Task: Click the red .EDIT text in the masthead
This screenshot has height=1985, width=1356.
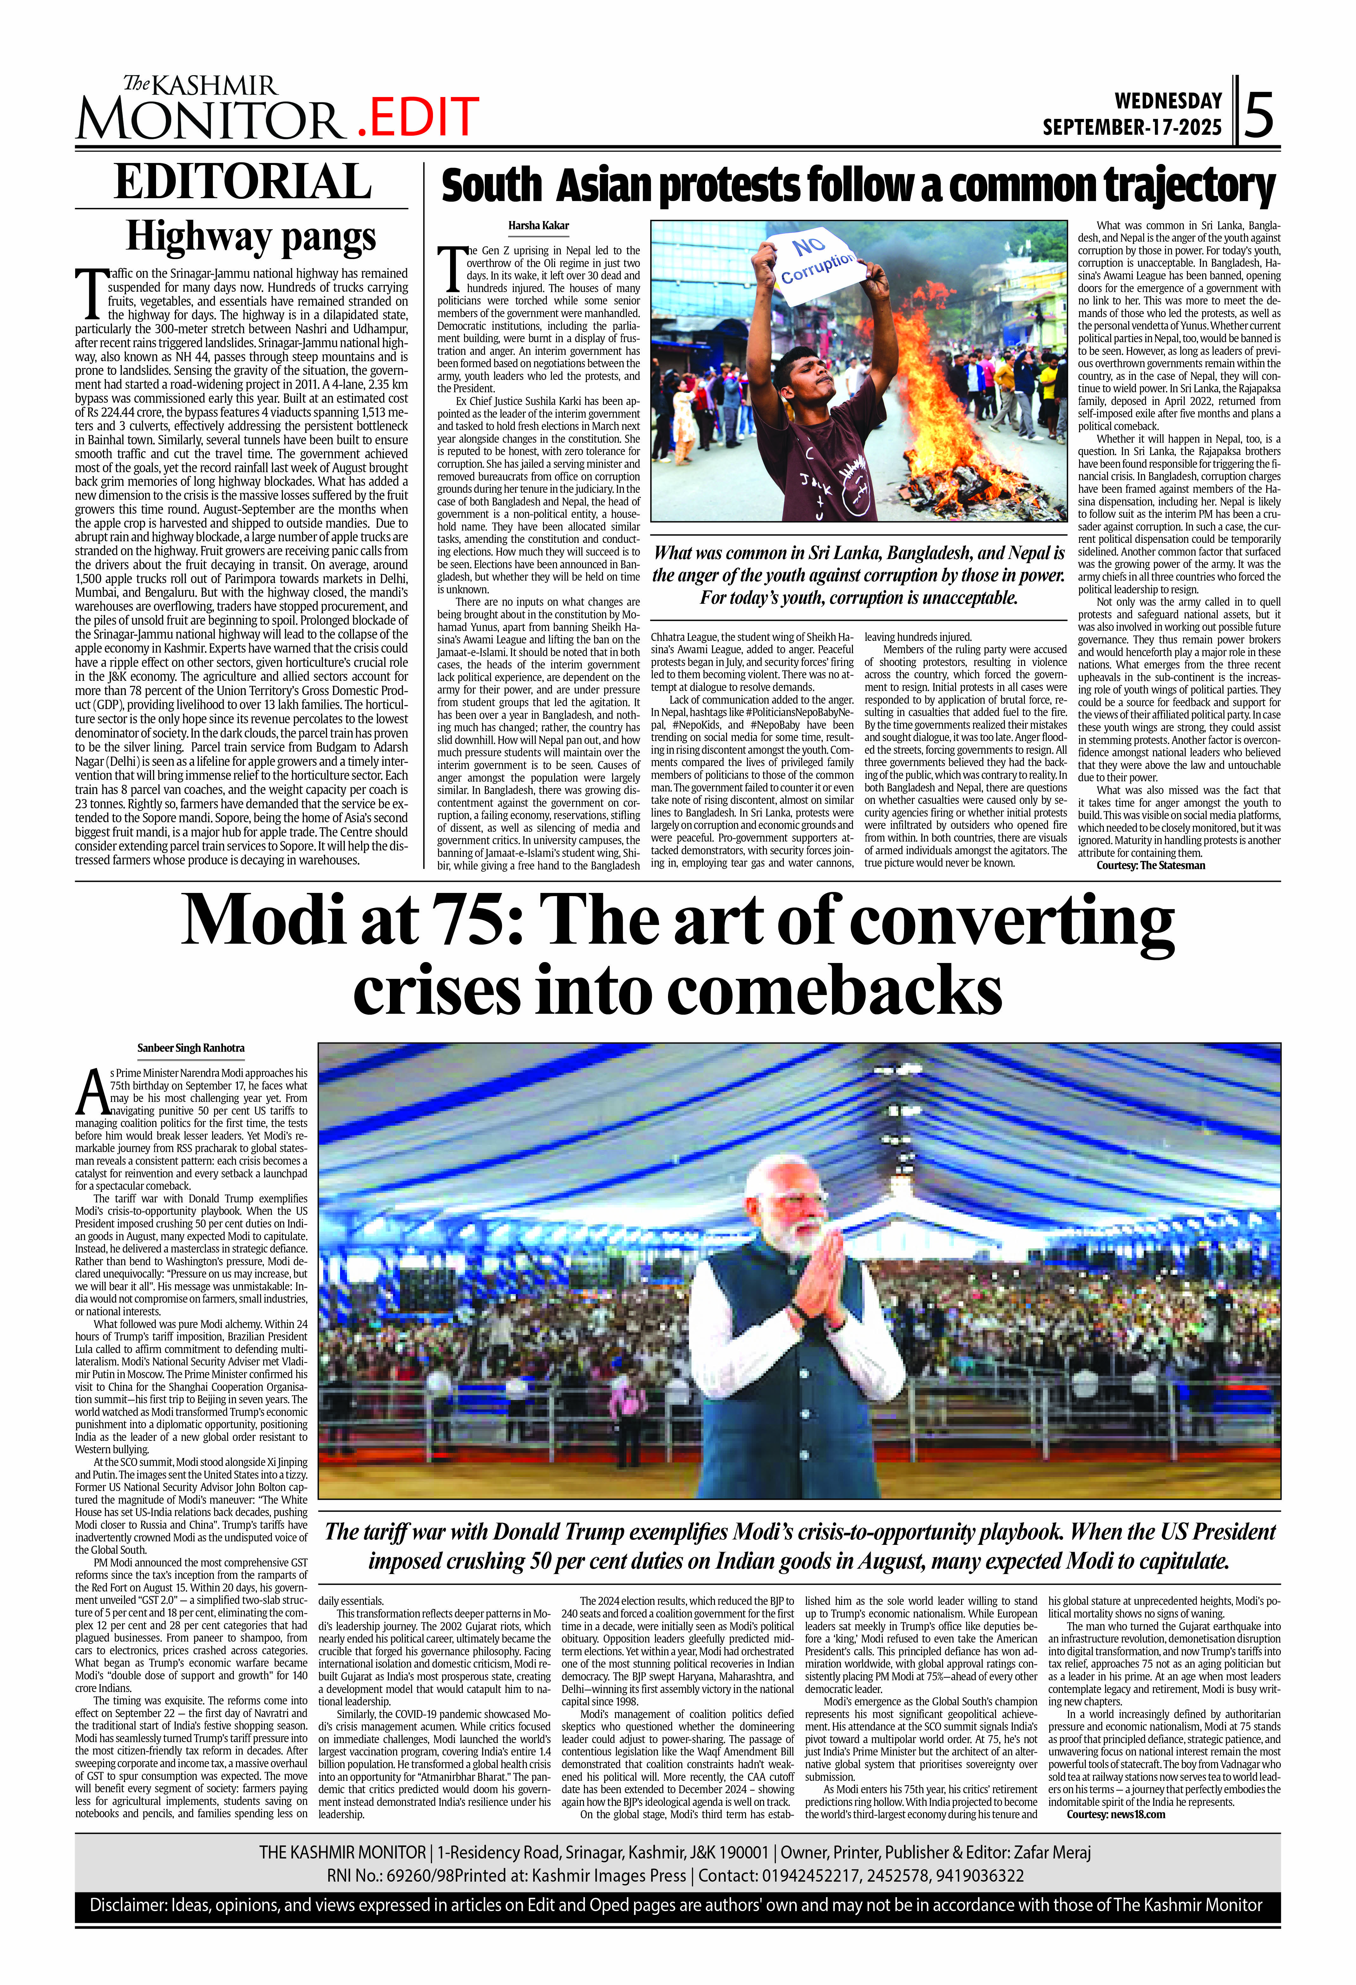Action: pyautogui.click(x=416, y=117)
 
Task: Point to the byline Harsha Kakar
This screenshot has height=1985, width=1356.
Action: pyautogui.click(x=538, y=225)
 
